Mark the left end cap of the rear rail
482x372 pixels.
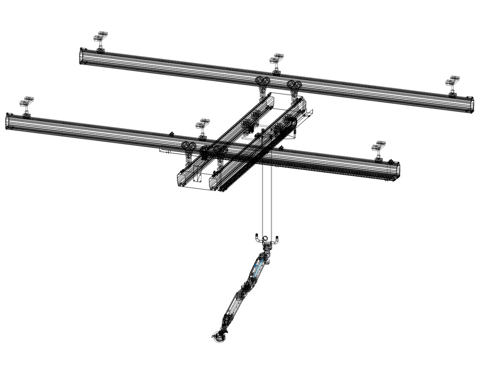82,56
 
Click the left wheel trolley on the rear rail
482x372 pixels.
263,84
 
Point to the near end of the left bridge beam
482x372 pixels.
183,179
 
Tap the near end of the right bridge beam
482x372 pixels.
215,182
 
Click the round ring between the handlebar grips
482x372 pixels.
266,238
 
